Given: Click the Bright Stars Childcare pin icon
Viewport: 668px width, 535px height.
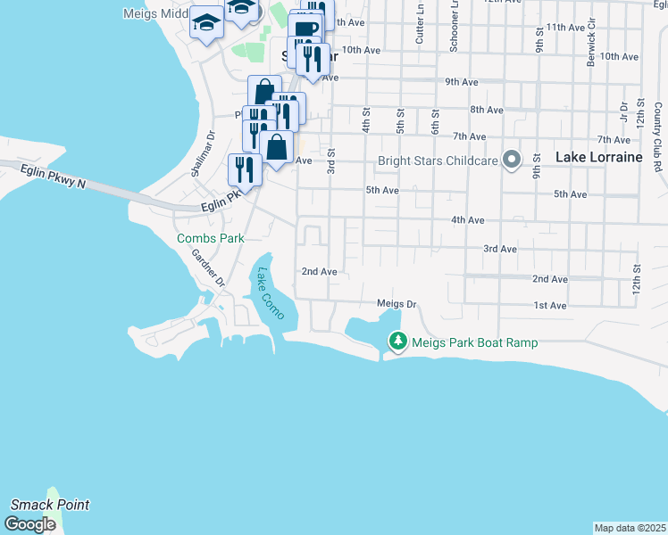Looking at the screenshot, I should coord(512,160).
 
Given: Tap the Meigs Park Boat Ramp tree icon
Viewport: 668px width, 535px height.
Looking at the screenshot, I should coord(397,342).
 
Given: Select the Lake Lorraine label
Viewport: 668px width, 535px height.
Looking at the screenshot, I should coord(598,157).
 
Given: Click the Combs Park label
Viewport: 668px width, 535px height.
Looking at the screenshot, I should coord(211,238).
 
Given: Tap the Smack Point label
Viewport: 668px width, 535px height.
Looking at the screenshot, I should coord(50,505).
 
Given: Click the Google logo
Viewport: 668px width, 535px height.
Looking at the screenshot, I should coord(29,524).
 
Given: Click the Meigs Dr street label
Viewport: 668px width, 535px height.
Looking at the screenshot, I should coord(397,304).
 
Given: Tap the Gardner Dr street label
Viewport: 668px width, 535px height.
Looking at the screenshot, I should coord(208,267).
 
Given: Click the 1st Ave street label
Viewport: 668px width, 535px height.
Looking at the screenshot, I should coord(550,306).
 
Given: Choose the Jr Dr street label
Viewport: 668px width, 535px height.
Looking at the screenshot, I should coord(624,111).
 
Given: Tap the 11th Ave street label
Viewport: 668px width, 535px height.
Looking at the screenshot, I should coord(565,28).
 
